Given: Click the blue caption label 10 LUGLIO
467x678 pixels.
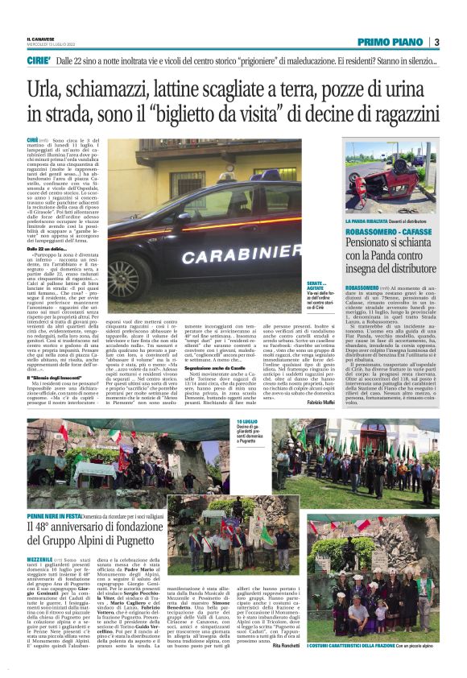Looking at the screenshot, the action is coord(246,421).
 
